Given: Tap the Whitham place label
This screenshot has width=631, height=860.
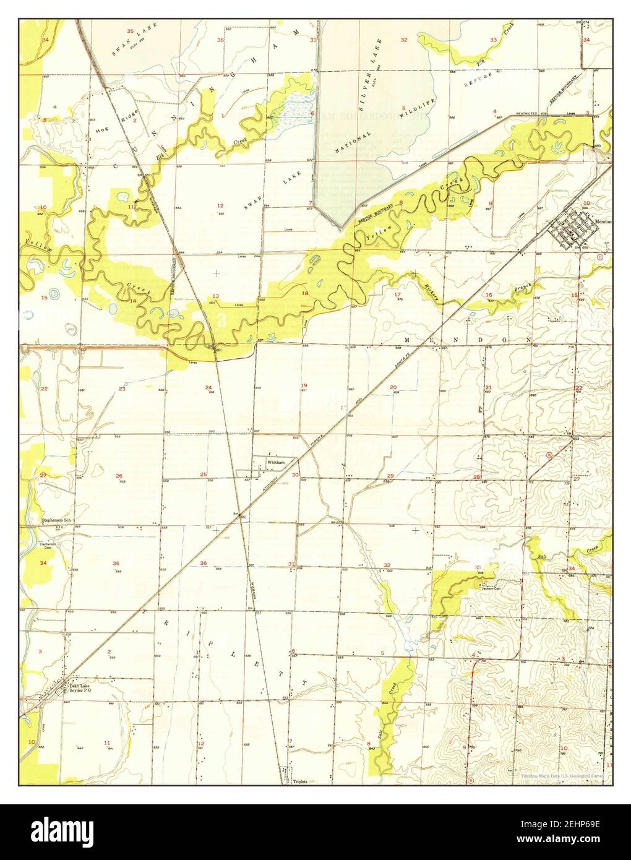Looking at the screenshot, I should [276, 462].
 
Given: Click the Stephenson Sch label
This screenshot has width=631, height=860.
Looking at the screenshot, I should [56, 520].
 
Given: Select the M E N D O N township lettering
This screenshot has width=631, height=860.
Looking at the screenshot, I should [468, 340].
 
